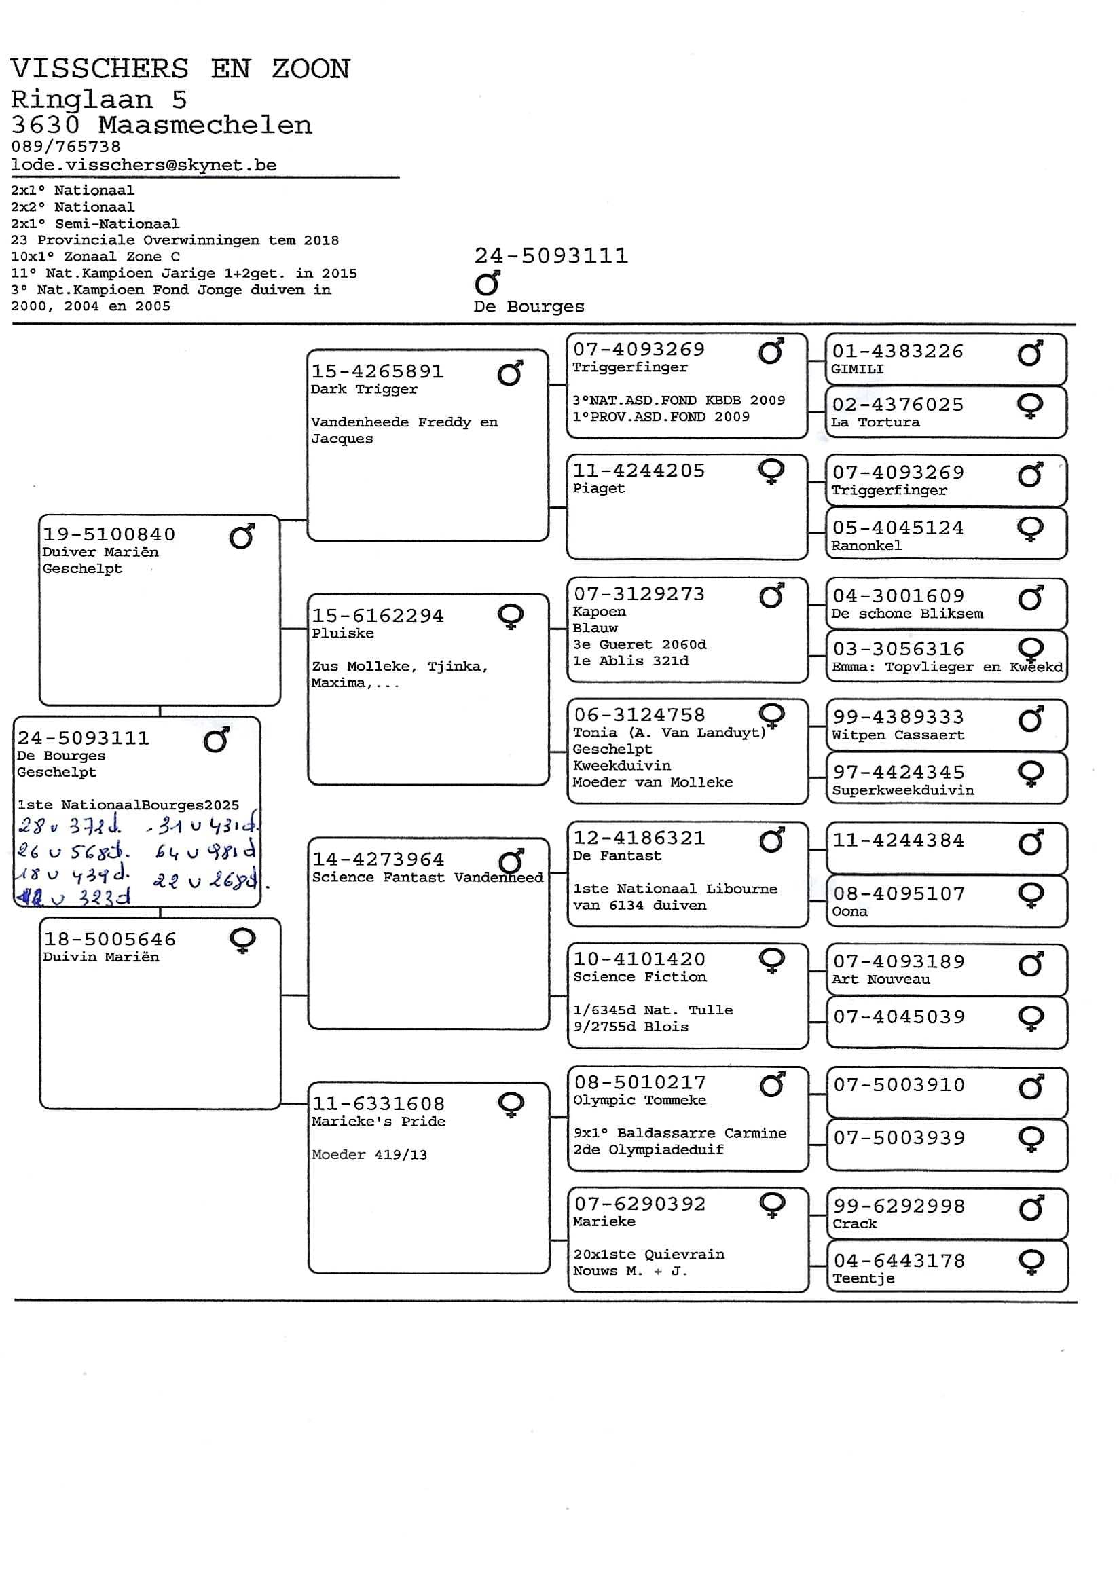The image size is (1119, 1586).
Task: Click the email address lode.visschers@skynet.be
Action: [144, 165]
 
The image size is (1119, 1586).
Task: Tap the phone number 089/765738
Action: [66, 147]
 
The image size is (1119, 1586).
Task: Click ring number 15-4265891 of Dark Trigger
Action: [377, 371]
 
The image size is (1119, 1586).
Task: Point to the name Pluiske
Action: [343, 633]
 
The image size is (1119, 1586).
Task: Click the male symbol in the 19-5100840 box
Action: [242, 536]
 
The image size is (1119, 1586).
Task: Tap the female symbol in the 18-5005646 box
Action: [243, 940]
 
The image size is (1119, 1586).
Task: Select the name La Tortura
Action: [875, 422]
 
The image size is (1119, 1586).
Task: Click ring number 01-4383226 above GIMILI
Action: [897, 351]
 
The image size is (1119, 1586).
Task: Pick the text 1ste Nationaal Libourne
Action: [675, 889]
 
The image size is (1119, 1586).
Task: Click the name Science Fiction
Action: [640, 977]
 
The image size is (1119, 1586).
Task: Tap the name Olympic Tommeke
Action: [640, 1101]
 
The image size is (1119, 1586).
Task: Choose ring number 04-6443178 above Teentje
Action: [898, 1261]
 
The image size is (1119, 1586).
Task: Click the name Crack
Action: [854, 1223]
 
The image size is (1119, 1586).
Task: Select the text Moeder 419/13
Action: [369, 1154]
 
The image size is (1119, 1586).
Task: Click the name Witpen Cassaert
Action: [897, 735]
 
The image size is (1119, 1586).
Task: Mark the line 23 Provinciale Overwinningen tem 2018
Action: [174, 240]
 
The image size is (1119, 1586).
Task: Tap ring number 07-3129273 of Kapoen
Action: [639, 594]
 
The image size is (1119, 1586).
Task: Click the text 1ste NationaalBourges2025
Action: [128, 805]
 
